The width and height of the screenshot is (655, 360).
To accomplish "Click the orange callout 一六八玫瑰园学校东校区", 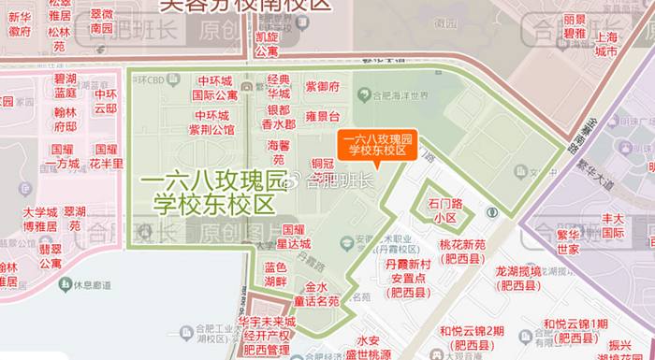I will [x=377, y=143].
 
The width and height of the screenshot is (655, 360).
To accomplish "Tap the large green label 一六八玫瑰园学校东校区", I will [x=214, y=192].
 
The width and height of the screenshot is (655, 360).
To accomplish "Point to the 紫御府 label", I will [x=322, y=87].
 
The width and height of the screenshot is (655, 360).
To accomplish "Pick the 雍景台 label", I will [x=322, y=116].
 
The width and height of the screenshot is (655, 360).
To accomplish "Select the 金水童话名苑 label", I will [x=316, y=294].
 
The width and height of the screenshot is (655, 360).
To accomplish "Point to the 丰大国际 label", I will [x=612, y=225].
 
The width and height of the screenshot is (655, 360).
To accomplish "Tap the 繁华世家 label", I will [x=568, y=242].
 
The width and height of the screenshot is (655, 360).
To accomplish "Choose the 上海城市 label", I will [x=606, y=44].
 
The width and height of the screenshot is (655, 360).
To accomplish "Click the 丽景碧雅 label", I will [x=575, y=26].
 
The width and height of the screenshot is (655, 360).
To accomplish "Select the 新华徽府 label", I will [x=20, y=23].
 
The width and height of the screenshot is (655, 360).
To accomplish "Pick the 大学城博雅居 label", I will [x=40, y=219].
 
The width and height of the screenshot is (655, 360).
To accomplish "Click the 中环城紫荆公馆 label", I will [x=211, y=122].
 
